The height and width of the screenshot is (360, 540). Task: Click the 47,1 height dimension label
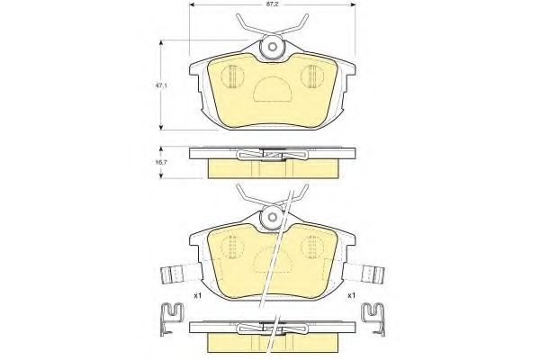(161, 85)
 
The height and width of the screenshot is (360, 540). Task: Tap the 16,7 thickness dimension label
(161, 162)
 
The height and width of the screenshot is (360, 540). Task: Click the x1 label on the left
(197, 295)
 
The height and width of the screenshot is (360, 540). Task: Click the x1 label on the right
(351, 295)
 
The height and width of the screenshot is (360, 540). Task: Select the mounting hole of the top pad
(273, 47)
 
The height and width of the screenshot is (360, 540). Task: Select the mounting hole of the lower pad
(273, 218)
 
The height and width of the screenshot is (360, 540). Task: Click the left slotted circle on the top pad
(232, 76)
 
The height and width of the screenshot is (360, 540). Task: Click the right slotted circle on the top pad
(312, 76)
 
